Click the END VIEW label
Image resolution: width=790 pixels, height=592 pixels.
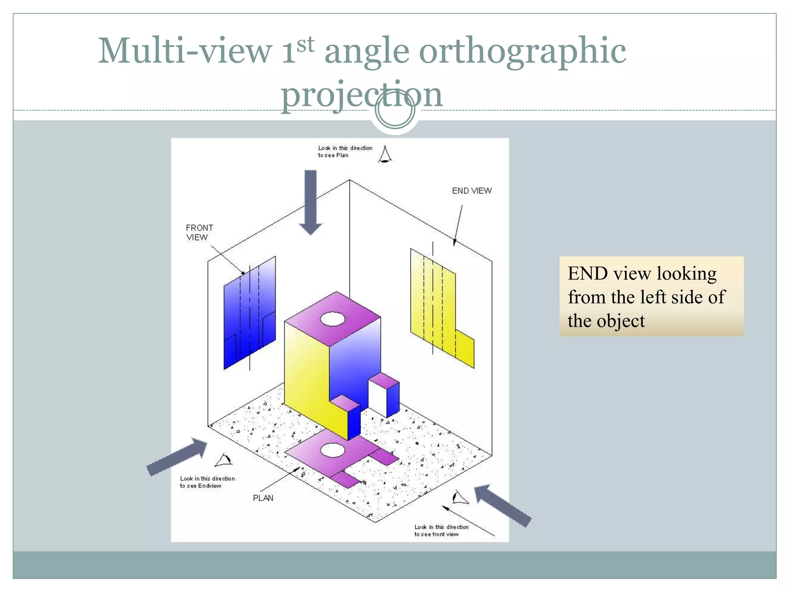pos(471,191)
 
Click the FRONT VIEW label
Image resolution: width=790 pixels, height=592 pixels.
pos(199,232)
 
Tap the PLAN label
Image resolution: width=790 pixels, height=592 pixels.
pos(263,498)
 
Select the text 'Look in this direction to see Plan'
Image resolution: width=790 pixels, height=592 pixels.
pos(344,151)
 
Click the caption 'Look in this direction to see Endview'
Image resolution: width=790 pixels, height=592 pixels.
pos(207,482)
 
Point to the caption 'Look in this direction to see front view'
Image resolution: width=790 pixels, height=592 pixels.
pos(441,530)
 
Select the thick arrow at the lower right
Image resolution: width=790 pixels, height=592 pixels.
pos(503,505)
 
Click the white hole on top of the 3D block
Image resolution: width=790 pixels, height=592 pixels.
pos(333,319)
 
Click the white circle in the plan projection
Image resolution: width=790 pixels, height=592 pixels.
pos(333,450)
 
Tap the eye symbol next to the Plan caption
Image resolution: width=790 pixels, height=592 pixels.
pos(385,155)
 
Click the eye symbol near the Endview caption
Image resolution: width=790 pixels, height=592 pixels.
pos(224,460)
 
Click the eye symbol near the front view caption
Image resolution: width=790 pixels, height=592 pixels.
pos(460,498)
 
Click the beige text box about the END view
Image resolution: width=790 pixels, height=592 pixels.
pos(651,296)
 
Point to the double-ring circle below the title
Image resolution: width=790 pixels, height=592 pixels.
pos(395,110)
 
